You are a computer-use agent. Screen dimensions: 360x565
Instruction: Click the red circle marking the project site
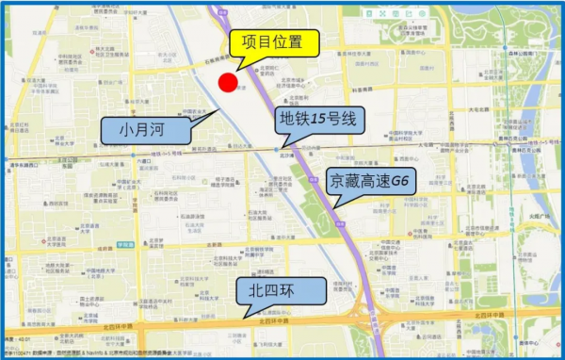tap(227, 82)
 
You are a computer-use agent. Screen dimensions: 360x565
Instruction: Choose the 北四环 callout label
tap(279, 288)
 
